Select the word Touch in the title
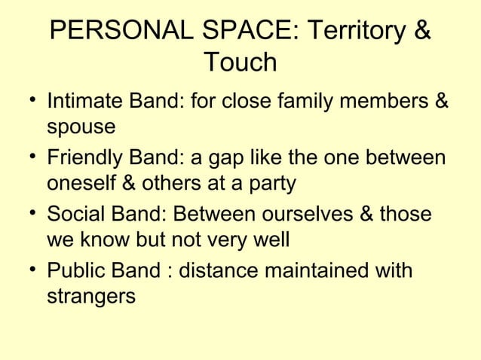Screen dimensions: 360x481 coord(240,63)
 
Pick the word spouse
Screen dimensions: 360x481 coord(81,127)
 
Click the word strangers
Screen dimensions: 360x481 coord(91,297)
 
